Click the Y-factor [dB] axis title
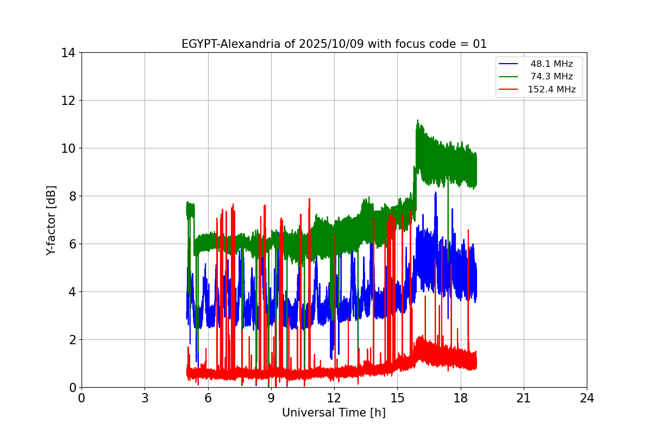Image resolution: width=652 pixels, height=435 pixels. pyautogui.click(x=51, y=220)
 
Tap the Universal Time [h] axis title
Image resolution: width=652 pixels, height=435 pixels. pyautogui.click(x=334, y=413)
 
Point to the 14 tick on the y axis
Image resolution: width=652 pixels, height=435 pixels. pyautogui.click(x=68, y=53)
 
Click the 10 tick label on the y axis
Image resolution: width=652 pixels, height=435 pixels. pyautogui.click(x=68, y=148)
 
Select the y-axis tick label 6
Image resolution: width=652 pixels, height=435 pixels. pyautogui.click(x=72, y=244)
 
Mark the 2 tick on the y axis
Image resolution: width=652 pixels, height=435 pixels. pyautogui.click(x=72, y=340)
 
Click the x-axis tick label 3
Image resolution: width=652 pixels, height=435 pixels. pyautogui.click(x=145, y=398)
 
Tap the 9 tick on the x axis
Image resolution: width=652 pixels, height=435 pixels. pyautogui.click(x=271, y=398)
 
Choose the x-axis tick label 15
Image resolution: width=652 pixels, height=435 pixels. pyautogui.click(x=397, y=398)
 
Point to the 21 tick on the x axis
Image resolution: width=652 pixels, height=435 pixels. pyautogui.click(x=523, y=398)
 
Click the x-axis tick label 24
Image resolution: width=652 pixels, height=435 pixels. pyautogui.click(x=587, y=398)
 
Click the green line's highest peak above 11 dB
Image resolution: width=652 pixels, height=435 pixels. pyautogui.click(x=417, y=120)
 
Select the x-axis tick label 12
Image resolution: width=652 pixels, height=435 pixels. pyautogui.click(x=334, y=398)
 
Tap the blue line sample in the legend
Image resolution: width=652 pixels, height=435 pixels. pyautogui.click(x=509, y=64)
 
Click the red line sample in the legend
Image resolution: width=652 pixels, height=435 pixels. pyautogui.click(x=509, y=90)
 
